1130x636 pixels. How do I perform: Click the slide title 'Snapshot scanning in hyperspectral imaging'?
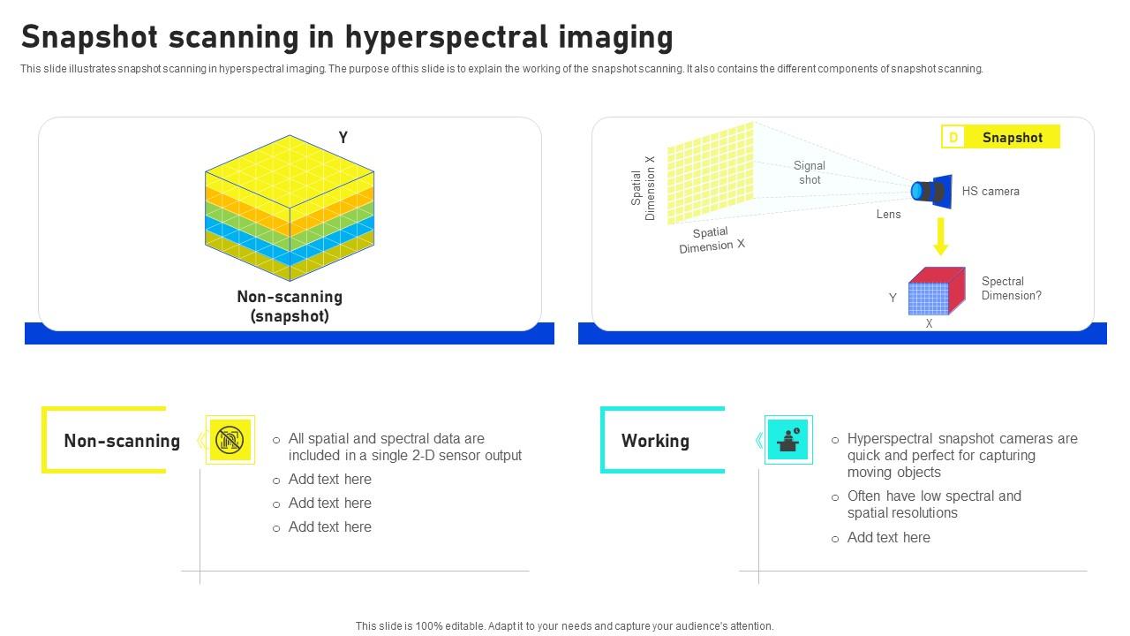[x=347, y=37]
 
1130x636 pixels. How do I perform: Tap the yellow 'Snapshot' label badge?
[x=1000, y=137]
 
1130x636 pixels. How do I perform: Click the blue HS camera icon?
[x=932, y=191]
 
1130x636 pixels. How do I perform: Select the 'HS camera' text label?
[x=991, y=191]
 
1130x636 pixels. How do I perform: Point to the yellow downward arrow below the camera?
[x=940, y=236]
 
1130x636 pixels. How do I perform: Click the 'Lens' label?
[x=888, y=215]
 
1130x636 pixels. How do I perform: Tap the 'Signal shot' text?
[x=809, y=172]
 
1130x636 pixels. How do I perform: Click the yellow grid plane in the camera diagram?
[x=711, y=173]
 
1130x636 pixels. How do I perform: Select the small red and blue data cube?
[x=935, y=291]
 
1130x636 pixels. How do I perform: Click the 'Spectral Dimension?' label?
[x=1011, y=289]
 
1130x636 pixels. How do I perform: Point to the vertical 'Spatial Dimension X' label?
[x=643, y=188]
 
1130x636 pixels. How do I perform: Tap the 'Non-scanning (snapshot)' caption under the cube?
[x=290, y=307]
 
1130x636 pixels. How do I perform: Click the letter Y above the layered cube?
[x=343, y=137]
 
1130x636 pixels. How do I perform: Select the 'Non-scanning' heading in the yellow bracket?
[x=122, y=441]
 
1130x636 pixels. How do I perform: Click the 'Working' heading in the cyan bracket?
[x=655, y=441]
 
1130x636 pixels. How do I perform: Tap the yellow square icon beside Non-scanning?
[x=230, y=439]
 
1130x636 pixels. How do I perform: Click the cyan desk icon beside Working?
[x=788, y=439]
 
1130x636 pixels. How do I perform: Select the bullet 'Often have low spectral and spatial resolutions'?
[x=933, y=504]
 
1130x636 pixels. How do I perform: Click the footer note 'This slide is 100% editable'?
[x=564, y=625]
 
